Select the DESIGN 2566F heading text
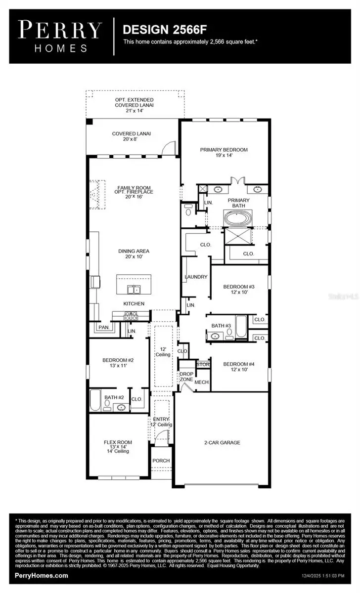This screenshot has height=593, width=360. (163, 30)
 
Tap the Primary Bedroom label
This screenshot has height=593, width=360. (224, 152)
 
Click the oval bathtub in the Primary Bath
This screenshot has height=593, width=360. (238, 218)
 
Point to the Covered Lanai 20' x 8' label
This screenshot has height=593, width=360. (131, 136)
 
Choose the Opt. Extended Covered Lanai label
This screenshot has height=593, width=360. (134, 105)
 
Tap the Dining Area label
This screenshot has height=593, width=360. (133, 254)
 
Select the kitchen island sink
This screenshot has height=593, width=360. (133, 290)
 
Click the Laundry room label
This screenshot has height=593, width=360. (196, 277)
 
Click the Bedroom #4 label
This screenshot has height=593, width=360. (238, 367)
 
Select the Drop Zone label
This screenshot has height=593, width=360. (186, 377)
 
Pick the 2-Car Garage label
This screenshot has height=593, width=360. (222, 443)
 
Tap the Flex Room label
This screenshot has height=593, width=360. (118, 446)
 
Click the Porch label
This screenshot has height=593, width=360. (161, 461)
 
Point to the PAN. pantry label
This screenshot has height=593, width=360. (103, 327)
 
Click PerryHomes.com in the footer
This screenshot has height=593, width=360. (42, 575)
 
